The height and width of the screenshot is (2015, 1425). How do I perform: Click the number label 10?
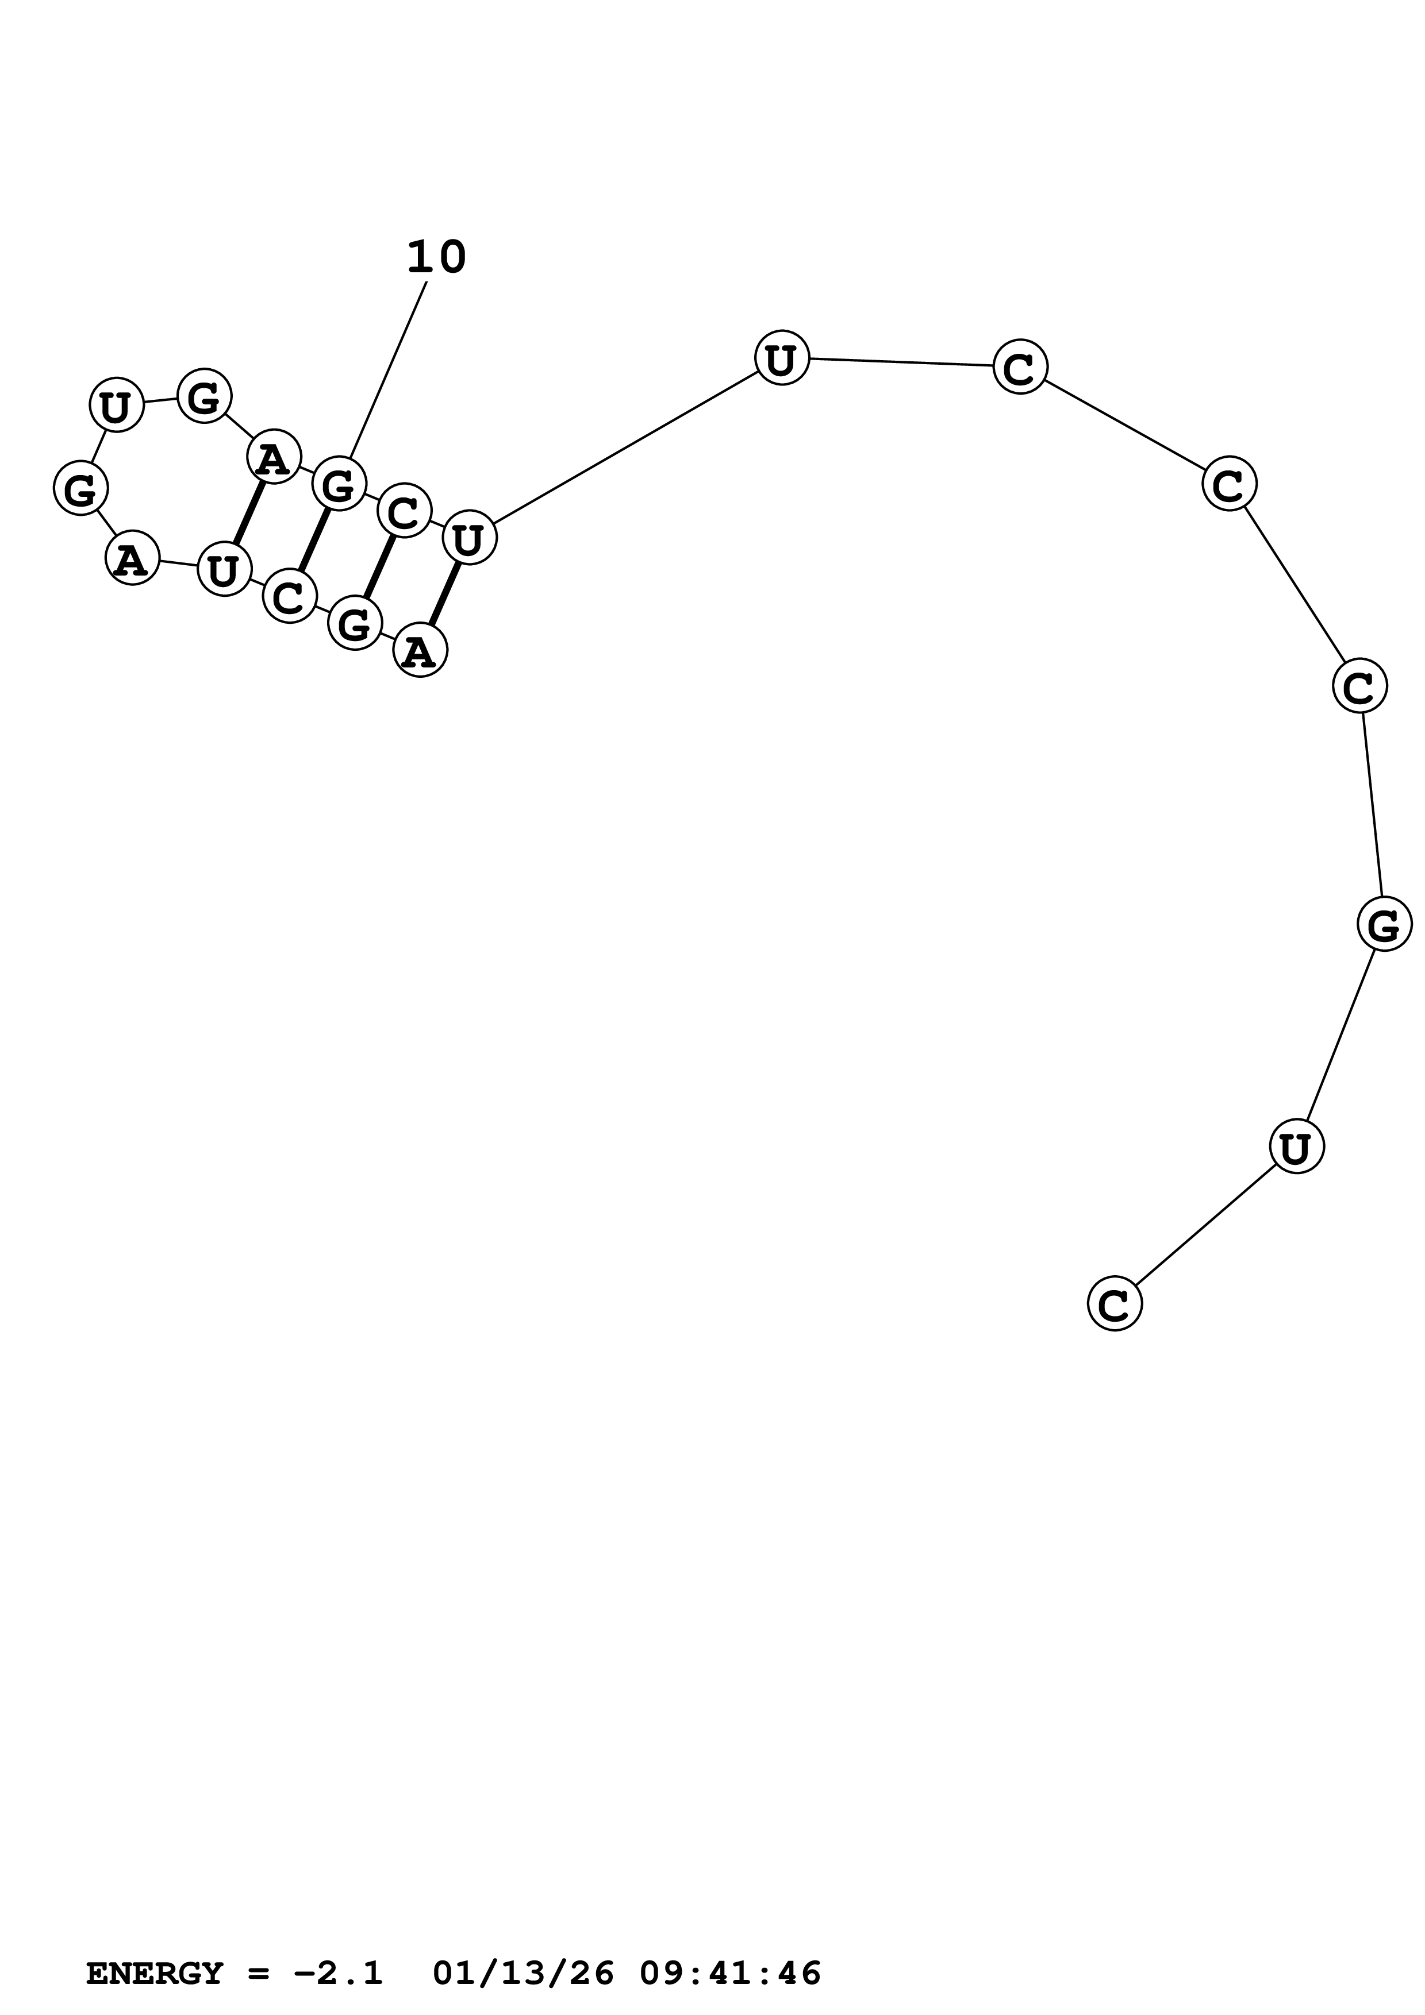click(x=436, y=257)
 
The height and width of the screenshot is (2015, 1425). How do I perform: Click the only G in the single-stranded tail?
click(x=1384, y=924)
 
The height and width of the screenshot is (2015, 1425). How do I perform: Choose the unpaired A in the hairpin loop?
click(x=132, y=558)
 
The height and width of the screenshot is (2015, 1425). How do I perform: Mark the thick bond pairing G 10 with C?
click(x=313, y=540)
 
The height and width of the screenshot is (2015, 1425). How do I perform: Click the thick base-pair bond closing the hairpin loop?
click(x=248, y=512)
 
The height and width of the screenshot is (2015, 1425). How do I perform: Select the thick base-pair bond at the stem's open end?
click(x=444, y=593)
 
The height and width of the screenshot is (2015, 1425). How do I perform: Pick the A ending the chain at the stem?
click(x=421, y=650)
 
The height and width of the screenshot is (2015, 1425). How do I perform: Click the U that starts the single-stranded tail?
click(x=781, y=358)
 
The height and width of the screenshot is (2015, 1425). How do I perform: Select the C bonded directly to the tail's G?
click(x=1359, y=686)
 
